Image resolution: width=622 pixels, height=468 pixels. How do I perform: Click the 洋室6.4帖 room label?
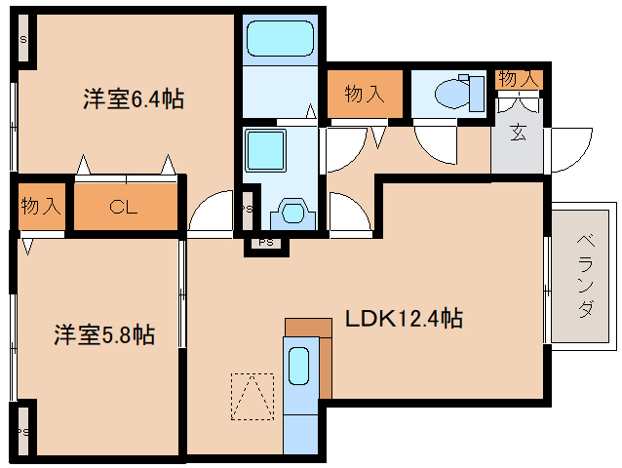coord(134,98)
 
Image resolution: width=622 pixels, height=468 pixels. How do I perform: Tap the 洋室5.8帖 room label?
coord(103,334)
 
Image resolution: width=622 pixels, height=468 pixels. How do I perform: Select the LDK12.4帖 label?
coord(401,318)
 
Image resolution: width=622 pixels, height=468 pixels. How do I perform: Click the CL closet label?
coord(123,207)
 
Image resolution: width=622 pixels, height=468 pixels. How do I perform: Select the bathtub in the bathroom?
coord(279,40)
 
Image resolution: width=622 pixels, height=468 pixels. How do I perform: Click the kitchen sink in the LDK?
coord(300,368)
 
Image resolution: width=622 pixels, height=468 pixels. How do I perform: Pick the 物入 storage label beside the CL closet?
coord(41,207)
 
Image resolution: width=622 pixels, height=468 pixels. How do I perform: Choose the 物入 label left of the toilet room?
coord(363,95)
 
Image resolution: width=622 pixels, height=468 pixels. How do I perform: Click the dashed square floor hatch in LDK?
coord(253,397)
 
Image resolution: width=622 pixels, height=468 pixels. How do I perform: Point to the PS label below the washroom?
coord(266,244)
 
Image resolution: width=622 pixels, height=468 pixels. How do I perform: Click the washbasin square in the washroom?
coord(264,152)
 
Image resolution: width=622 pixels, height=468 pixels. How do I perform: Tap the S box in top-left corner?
coord(22,40)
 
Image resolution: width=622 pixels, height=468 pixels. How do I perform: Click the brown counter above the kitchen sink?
coord(308,326)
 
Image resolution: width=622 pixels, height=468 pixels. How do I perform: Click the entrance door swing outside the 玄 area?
coord(571,151)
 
